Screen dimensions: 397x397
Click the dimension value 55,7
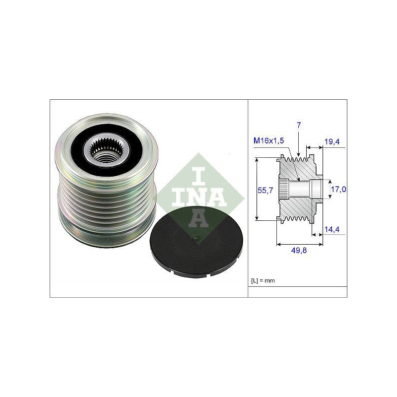point(265,190)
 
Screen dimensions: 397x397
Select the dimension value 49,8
point(299,251)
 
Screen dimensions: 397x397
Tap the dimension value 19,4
point(332,141)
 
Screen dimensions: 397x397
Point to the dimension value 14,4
point(332,229)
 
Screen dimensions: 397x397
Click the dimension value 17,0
point(338,189)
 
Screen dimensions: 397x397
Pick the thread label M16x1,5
point(269,141)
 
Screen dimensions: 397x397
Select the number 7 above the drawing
point(299,125)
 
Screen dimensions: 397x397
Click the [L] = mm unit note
point(263,280)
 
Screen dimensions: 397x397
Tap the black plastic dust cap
point(197,241)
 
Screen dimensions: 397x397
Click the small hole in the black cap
point(196,238)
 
